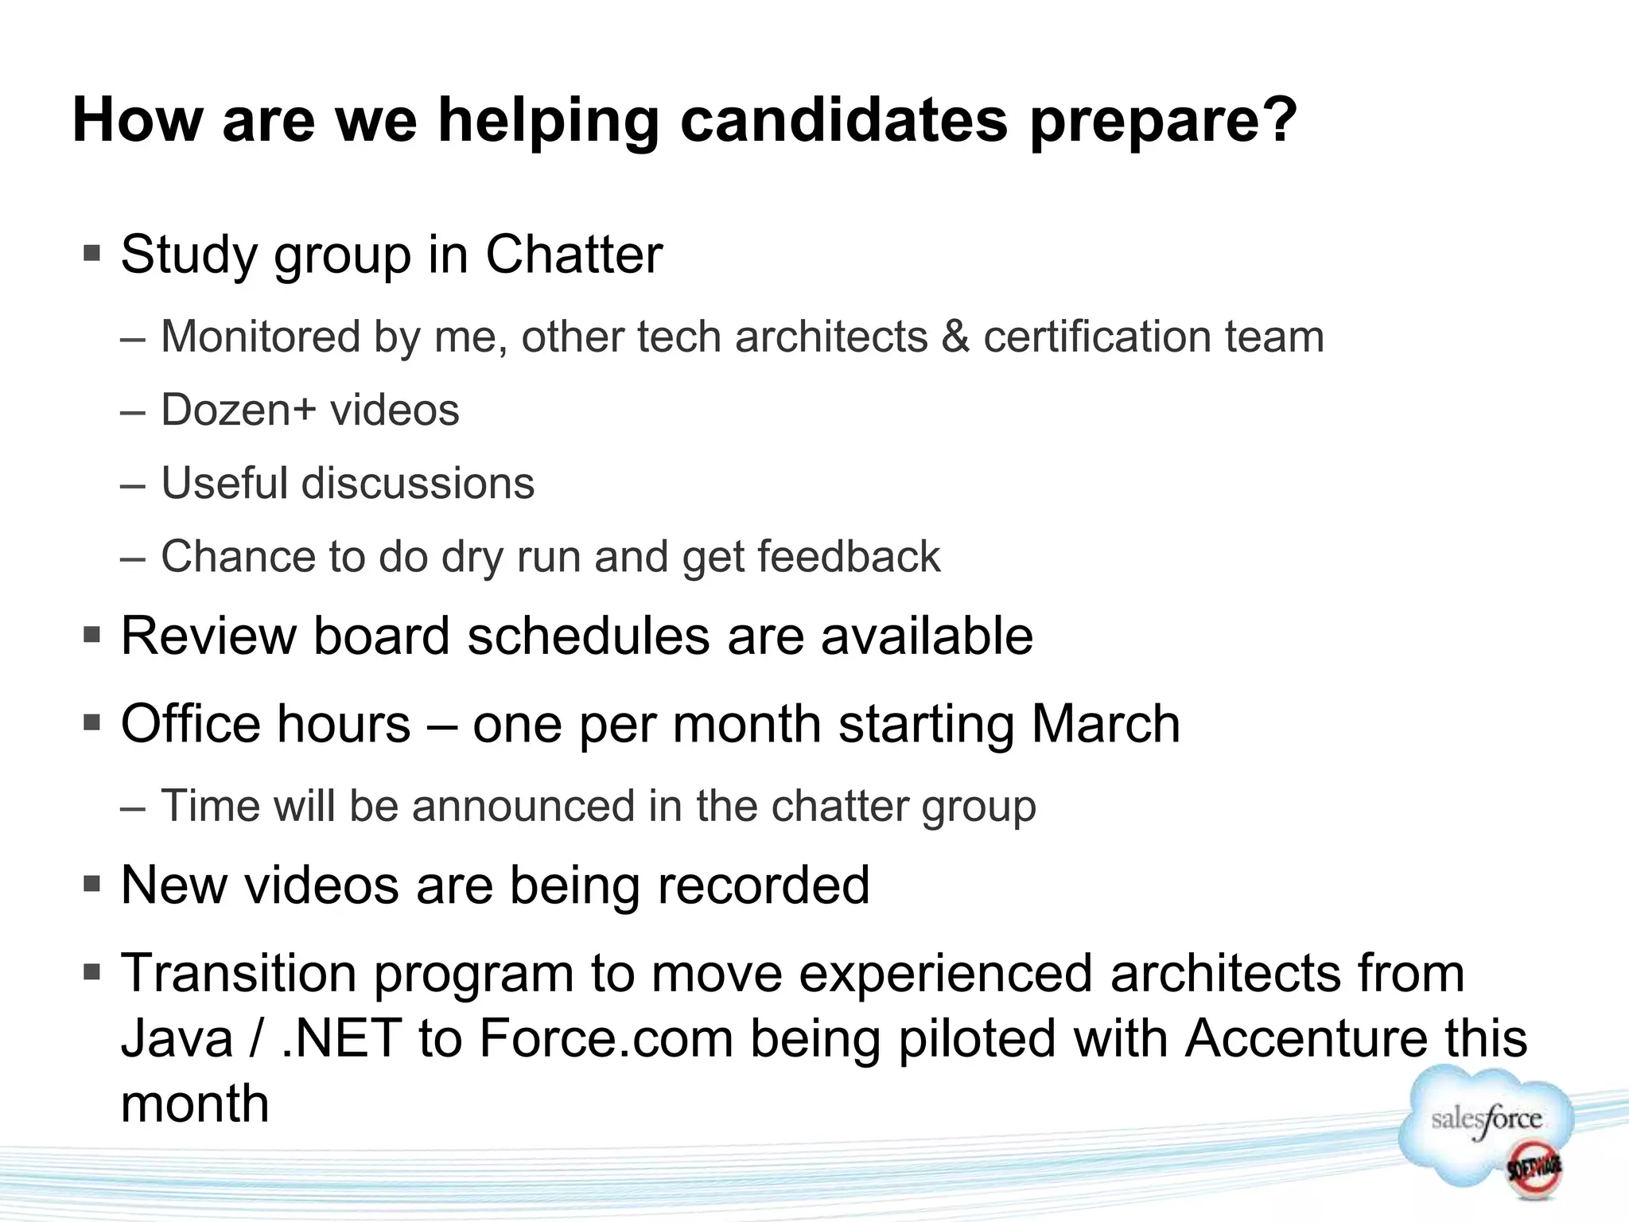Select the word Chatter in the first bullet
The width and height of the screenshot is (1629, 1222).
573,255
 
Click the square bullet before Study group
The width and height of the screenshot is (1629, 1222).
92,255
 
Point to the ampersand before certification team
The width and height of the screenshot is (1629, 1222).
955,337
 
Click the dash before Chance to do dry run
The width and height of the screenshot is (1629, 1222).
133,558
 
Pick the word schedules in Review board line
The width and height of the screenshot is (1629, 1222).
588,636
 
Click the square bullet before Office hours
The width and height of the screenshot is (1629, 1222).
92,724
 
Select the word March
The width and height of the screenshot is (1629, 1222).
1106,724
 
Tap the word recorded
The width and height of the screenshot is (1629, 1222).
763,885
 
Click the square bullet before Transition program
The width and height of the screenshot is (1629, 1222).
92,972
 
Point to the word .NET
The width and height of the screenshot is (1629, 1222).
341,1038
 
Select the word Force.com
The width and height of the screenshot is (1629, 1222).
606,1038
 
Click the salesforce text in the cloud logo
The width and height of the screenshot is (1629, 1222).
1486,1119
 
